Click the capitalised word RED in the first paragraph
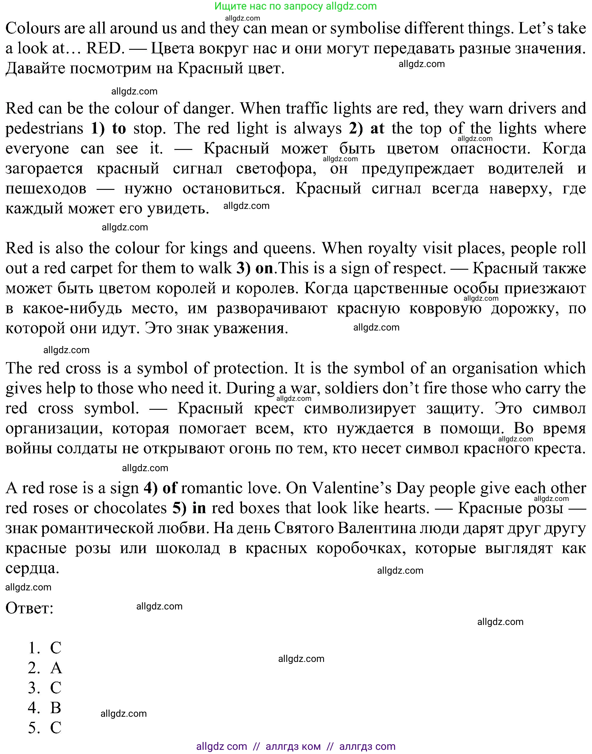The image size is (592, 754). (x=105, y=49)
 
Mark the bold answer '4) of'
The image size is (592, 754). (x=160, y=488)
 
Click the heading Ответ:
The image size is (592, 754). (x=30, y=608)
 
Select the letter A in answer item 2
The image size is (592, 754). (x=56, y=668)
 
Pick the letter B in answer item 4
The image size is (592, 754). (x=56, y=708)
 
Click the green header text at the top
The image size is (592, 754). (x=295, y=6)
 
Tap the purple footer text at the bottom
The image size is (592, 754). (x=296, y=746)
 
